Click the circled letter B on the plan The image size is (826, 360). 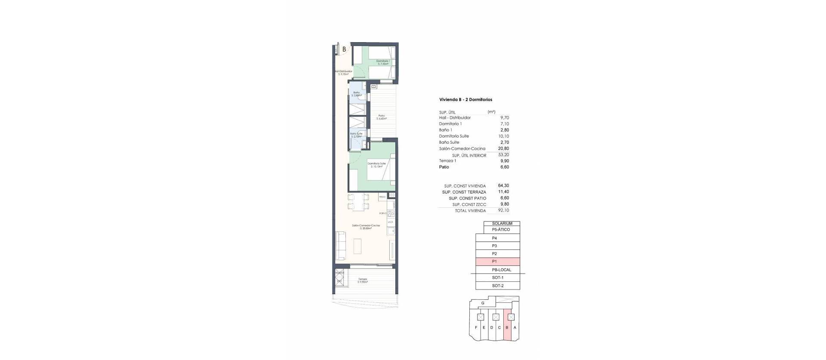pyautogui.click(x=344, y=49)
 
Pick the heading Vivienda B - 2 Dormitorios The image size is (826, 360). pyautogui.click(x=465, y=100)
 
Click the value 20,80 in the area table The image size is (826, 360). pyautogui.click(x=503, y=149)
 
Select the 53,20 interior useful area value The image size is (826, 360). pyautogui.click(x=503, y=155)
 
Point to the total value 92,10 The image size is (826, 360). pyautogui.click(x=503, y=211)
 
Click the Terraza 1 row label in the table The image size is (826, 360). pyautogui.click(x=447, y=161)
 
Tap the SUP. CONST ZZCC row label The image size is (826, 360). pyautogui.click(x=469, y=205)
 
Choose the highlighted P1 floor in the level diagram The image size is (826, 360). pyautogui.click(x=498, y=262)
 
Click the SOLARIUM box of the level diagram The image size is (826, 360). pyautogui.click(x=502, y=224)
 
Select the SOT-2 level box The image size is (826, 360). pyautogui.click(x=498, y=286)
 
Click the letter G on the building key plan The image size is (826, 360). pyautogui.click(x=483, y=303)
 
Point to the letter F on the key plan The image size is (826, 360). pyautogui.click(x=476, y=339)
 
